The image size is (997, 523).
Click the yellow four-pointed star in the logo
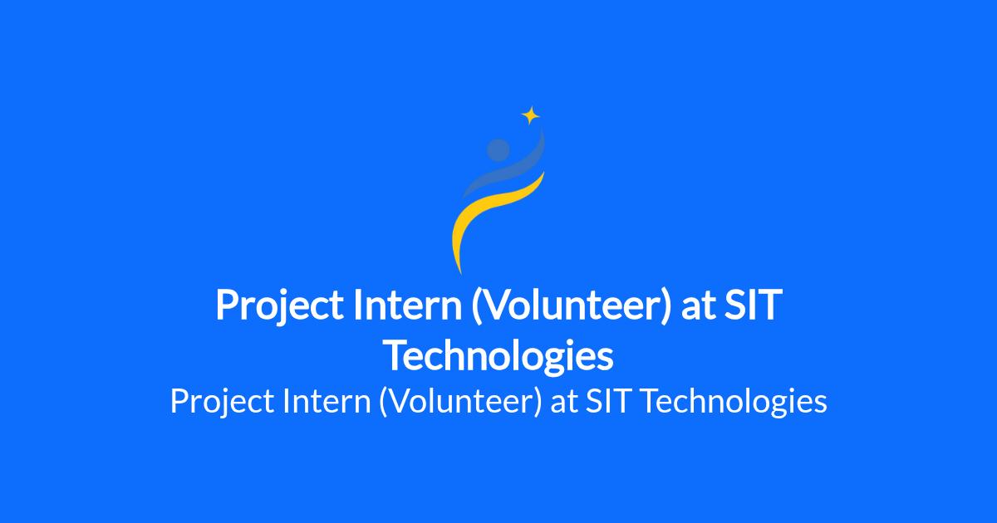point(531,115)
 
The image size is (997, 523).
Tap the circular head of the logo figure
point(498,150)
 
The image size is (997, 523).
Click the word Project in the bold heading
point(279,306)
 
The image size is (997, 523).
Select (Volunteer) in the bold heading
point(571,306)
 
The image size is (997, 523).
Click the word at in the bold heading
point(698,306)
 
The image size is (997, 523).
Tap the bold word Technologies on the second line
point(498,357)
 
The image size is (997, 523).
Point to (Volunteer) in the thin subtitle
point(460,402)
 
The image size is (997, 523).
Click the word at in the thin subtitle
point(564,403)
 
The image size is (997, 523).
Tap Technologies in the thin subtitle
point(734,402)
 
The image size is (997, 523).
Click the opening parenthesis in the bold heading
point(477,306)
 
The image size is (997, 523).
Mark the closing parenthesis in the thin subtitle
point(538,402)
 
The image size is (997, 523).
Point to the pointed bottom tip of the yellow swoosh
point(460,273)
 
